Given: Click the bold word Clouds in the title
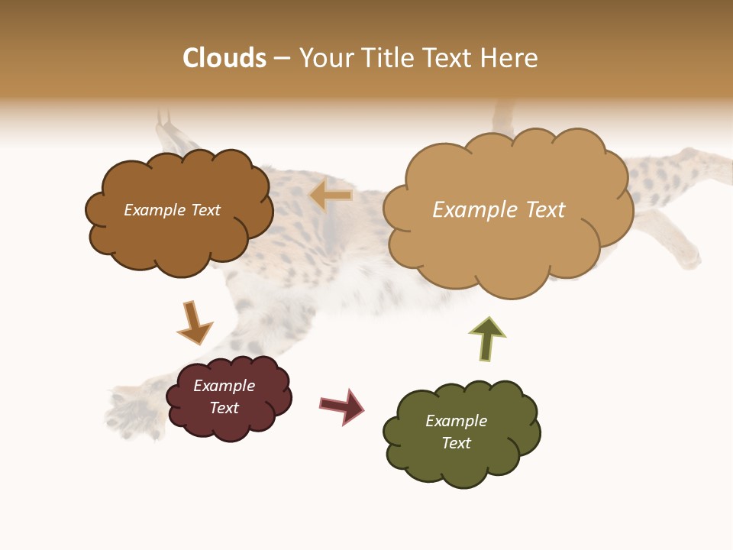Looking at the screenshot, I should point(224,58).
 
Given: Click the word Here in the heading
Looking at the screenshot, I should point(512,58).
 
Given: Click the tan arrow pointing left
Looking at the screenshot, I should point(331,196).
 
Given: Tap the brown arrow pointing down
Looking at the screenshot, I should point(194,323).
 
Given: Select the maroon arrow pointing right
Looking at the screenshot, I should point(341,406).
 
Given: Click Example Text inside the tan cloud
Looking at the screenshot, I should point(499,210).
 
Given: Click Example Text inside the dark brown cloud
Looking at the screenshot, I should point(172,210).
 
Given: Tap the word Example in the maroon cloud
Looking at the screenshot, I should point(224,386).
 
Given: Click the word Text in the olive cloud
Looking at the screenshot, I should point(456,443).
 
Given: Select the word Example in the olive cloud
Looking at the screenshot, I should point(456,421).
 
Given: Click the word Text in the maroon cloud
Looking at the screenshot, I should point(224,408).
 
